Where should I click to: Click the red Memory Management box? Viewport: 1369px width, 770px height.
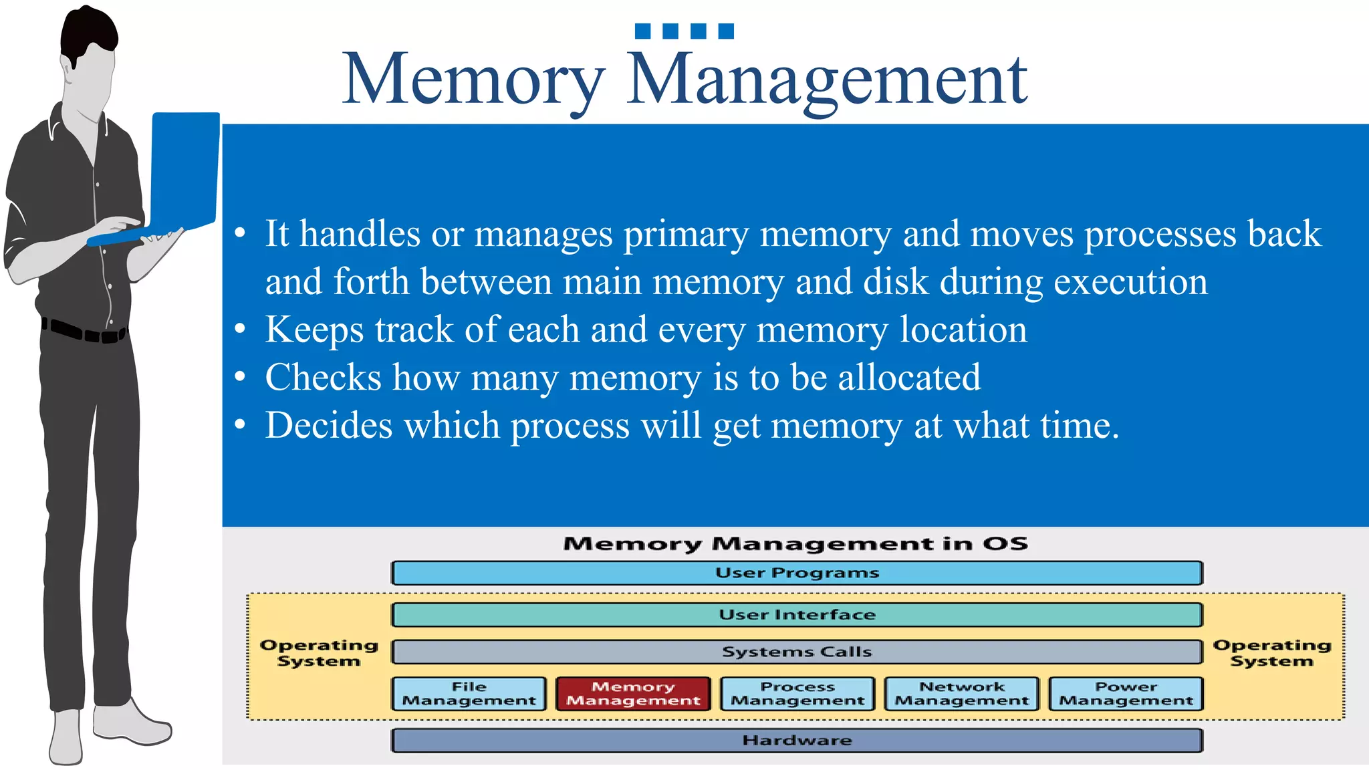[633, 694]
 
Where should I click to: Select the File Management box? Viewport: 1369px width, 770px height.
[469, 694]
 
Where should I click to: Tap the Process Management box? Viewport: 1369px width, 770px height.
[797, 694]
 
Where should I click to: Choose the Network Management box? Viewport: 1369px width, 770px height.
[962, 694]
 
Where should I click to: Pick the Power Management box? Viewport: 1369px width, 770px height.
[1126, 694]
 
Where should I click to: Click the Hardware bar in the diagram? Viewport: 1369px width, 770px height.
[797, 741]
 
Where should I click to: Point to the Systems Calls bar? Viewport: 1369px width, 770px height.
[797, 652]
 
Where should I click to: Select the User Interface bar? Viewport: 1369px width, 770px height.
[797, 615]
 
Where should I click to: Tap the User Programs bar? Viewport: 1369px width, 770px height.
[797, 573]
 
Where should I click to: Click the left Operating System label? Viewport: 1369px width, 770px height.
[319, 653]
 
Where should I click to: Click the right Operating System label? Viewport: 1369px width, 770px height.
[1272, 653]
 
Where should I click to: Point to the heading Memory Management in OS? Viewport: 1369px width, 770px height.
[795, 543]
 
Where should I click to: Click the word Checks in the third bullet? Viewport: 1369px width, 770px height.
[323, 377]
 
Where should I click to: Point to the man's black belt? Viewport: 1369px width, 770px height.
[84, 332]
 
